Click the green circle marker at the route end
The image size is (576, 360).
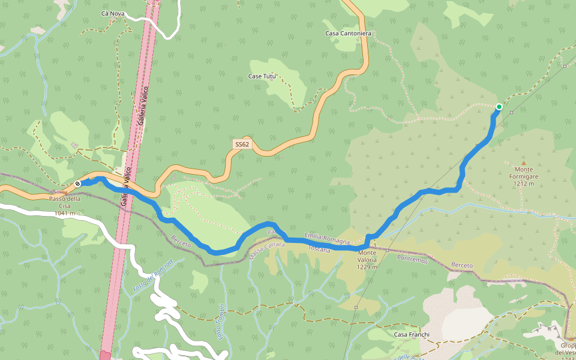click(x=499, y=107)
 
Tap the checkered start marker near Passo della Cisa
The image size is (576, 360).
click(x=78, y=183)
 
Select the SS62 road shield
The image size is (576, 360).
click(x=242, y=145)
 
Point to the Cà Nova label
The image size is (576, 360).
click(x=113, y=13)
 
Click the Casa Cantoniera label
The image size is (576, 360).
click(x=349, y=34)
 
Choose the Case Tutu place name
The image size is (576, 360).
click(x=262, y=76)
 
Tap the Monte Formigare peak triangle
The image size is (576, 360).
click(x=523, y=163)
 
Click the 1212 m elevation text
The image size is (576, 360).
click(x=524, y=184)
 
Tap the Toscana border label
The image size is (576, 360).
click(x=319, y=248)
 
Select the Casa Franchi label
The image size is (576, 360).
click(x=412, y=334)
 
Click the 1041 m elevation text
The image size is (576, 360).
click(x=65, y=213)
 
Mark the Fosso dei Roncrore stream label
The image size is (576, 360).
click(x=153, y=275)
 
